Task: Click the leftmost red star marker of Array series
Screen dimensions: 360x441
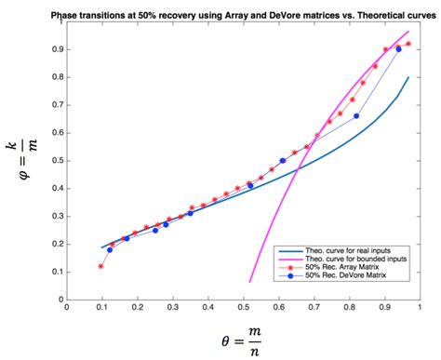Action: (x=100, y=267)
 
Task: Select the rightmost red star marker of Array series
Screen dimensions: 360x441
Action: (x=408, y=44)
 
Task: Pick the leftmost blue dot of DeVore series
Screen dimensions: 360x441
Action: (x=110, y=249)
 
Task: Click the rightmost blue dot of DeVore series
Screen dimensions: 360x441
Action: (x=399, y=49)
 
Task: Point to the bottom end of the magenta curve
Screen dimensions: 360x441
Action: (x=250, y=281)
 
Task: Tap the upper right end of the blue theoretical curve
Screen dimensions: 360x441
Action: (x=408, y=77)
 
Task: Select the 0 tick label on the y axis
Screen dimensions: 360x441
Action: (x=56, y=299)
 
